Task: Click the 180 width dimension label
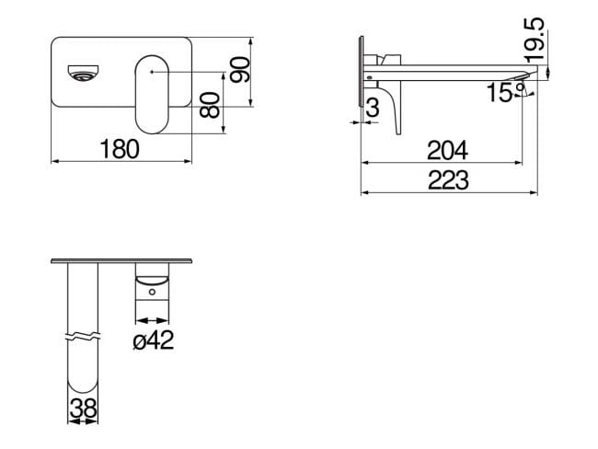(x=120, y=149)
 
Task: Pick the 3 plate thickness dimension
(x=372, y=108)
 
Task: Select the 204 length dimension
(x=448, y=149)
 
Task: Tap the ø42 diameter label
(x=153, y=341)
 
